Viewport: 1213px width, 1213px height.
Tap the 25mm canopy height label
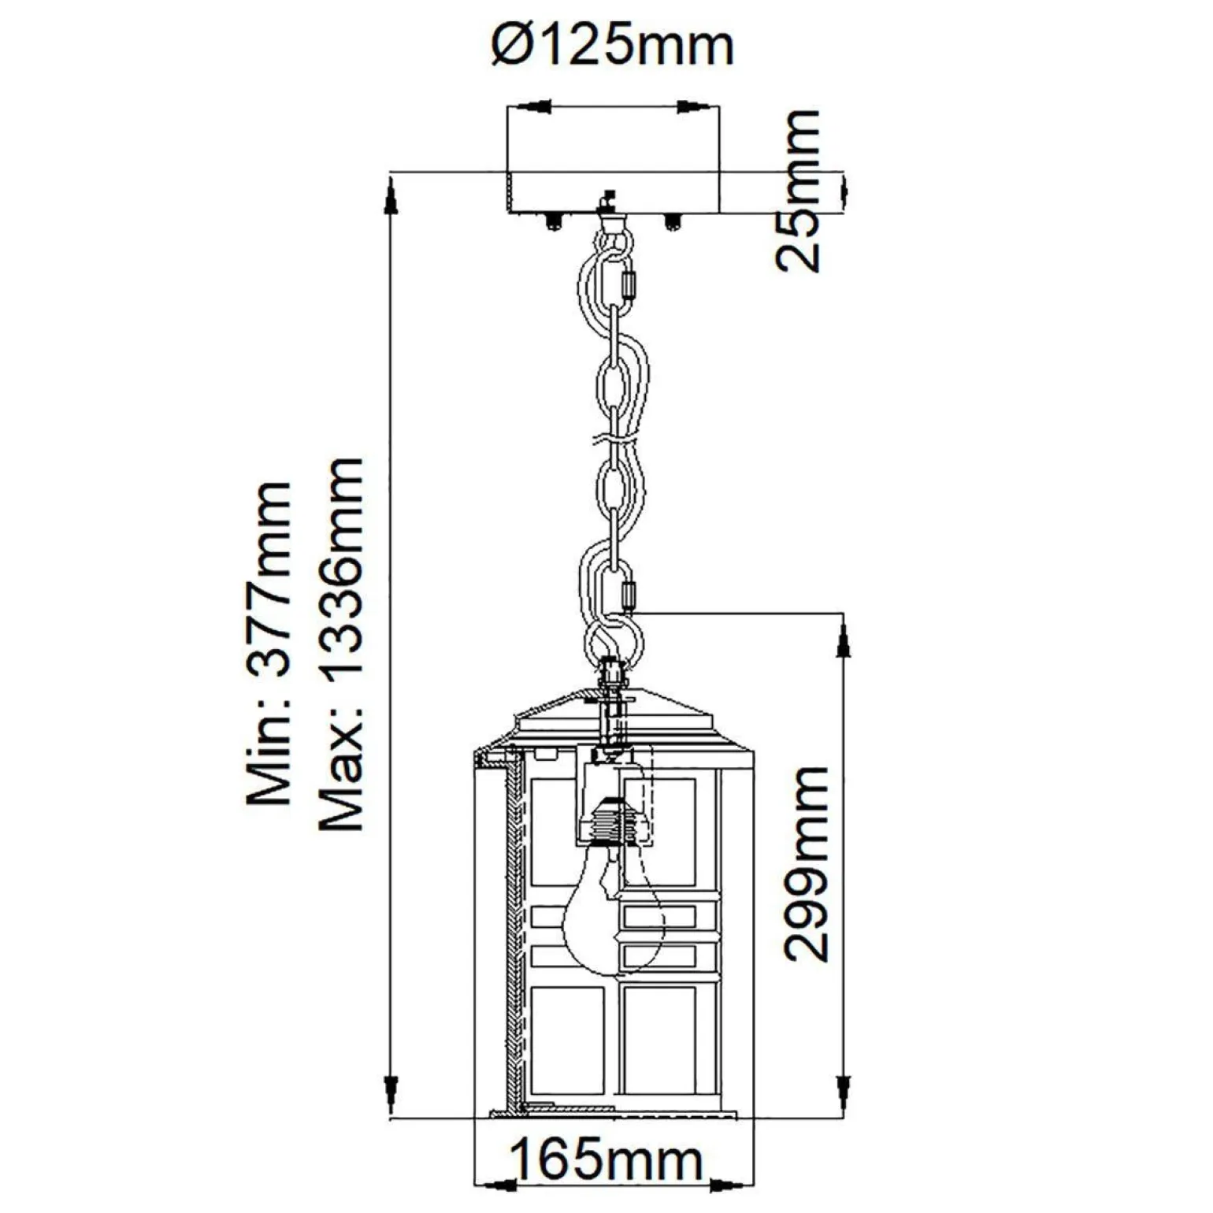point(799,191)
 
